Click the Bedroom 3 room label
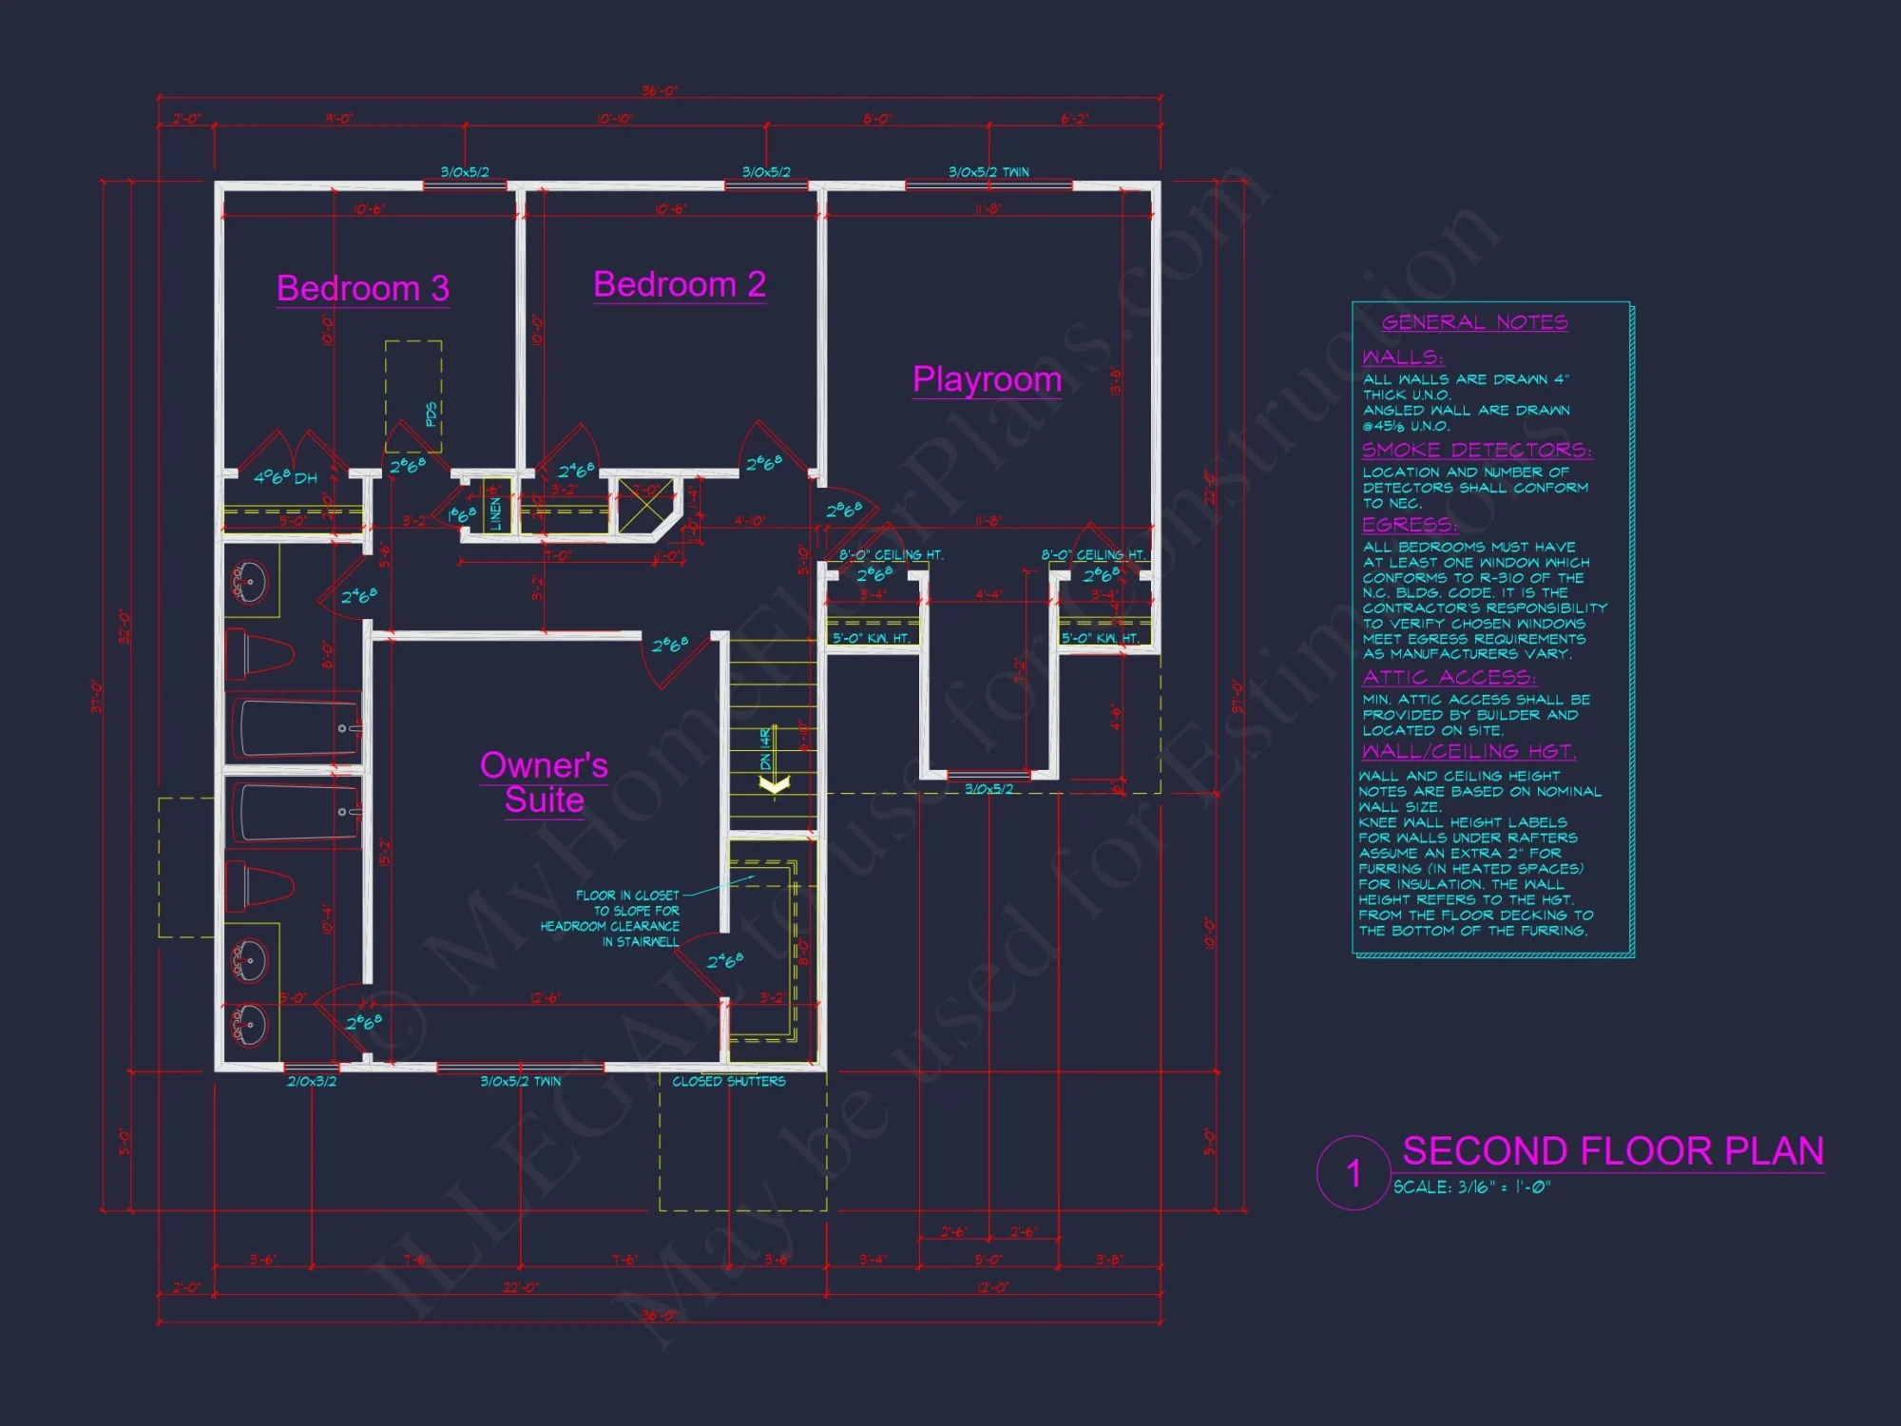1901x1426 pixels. click(x=362, y=288)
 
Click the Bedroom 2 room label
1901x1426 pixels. click(x=679, y=284)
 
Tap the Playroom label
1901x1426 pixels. click(x=987, y=379)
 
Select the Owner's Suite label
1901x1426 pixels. click(x=544, y=782)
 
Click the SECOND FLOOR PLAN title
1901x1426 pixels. click(x=1613, y=1151)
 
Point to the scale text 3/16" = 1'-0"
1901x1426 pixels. click(x=1471, y=1187)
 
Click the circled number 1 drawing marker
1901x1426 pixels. click(x=1354, y=1173)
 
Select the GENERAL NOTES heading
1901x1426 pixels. click(x=1474, y=322)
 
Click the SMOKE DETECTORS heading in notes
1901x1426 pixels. click(x=1476, y=450)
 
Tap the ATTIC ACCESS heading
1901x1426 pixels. click(x=1449, y=677)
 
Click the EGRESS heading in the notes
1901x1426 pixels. click(x=1409, y=525)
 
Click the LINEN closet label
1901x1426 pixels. click(x=495, y=514)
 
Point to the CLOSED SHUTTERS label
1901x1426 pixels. click(x=729, y=1081)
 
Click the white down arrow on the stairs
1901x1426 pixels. click(x=775, y=783)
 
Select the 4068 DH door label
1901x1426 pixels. click(x=285, y=477)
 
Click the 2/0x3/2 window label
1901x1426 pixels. click(x=312, y=1081)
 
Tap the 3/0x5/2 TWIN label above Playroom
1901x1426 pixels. click(x=989, y=172)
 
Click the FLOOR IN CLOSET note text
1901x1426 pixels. click(x=627, y=896)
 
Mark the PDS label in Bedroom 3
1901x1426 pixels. click(x=431, y=414)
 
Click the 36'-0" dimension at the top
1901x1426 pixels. click(x=660, y=91)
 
